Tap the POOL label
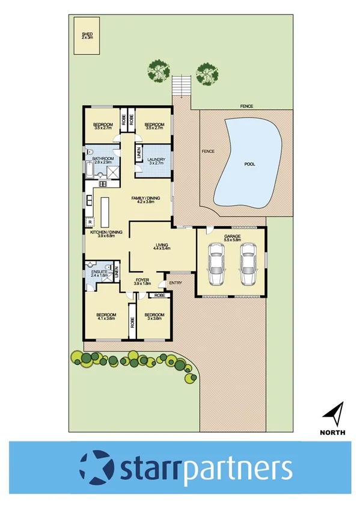(x=251, y=164)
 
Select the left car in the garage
(x=216, y=265)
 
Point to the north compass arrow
(x=332, y=413)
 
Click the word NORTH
(x=332, y=432)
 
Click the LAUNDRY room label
(x=156, y=159)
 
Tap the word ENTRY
(x=176, y=283)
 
